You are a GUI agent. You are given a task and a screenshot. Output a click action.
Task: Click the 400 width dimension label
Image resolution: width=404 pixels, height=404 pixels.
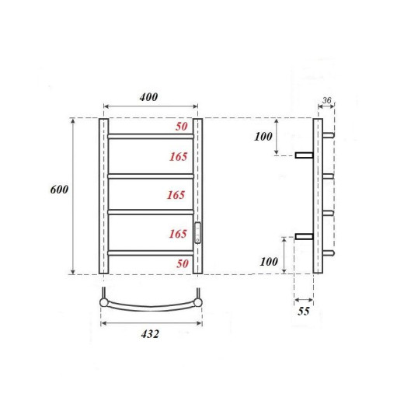[x=148, y=97]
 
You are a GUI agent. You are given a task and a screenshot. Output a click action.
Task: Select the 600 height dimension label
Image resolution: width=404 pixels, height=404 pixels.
[x=57, y=190]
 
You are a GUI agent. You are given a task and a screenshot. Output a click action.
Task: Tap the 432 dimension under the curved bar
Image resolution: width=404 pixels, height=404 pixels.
[x=150, y=334]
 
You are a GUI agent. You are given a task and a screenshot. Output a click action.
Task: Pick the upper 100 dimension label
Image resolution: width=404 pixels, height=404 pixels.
[x=265, y=137]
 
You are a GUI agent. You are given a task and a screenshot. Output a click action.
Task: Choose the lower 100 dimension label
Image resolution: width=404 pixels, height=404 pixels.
[x=269, y=261]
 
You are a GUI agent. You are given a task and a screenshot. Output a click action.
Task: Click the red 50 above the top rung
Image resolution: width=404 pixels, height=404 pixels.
[x=183, y=126]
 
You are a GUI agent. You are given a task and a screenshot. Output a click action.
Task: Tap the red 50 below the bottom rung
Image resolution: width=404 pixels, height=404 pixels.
[x=183, y=264]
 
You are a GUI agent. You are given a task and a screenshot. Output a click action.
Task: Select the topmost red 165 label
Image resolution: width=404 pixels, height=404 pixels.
[x=177, y=157]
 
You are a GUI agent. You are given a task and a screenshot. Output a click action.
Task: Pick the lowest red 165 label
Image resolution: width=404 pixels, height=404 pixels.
[x=178, y=232]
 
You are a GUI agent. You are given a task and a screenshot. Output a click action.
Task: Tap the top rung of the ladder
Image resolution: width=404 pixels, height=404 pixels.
[x=150, y=136]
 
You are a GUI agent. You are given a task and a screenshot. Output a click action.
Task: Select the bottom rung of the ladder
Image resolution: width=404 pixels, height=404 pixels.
[x=150, y=253]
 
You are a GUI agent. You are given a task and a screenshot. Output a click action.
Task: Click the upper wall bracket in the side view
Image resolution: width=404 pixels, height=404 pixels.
[x=303, y=155]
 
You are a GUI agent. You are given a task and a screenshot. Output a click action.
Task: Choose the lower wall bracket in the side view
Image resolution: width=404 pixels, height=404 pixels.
[x=303, y=235]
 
